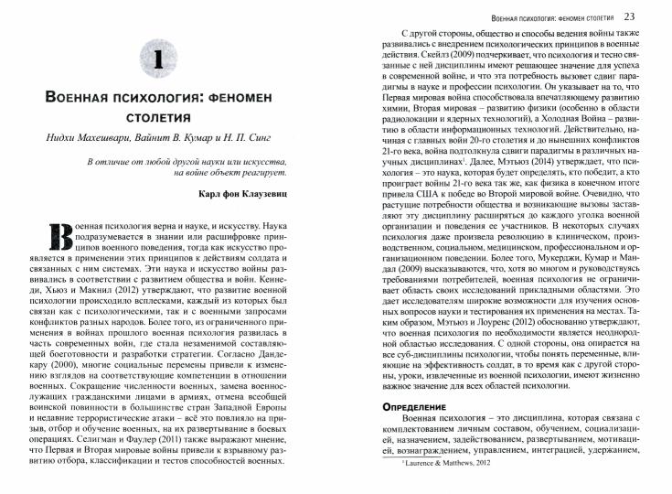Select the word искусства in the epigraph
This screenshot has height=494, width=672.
point(265,162)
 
